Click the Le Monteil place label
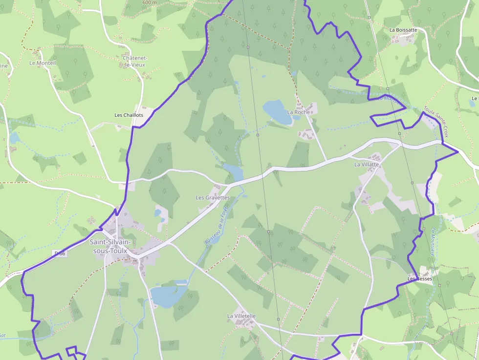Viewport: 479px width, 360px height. [43, 63]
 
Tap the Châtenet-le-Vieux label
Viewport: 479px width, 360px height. [134, 61]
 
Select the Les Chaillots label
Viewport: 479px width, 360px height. [129, 115]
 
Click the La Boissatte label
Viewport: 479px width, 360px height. [403, 30]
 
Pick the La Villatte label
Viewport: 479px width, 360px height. [367, 165]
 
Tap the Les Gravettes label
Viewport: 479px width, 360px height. [212, 198]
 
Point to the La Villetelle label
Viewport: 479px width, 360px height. [241, 316]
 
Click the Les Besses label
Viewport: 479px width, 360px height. [420, 279]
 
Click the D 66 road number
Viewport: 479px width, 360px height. [60, 254]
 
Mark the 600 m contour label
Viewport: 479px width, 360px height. [150, 2]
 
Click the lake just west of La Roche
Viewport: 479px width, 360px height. [276, 111]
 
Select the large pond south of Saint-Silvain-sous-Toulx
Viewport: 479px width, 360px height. [167, 296]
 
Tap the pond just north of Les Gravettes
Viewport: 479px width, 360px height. [233, 172]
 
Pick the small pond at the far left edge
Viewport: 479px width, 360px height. [14, 138]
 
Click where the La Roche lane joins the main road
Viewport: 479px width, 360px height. [327, 160]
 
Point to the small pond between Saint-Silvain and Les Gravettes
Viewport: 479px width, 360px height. [158, 213]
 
